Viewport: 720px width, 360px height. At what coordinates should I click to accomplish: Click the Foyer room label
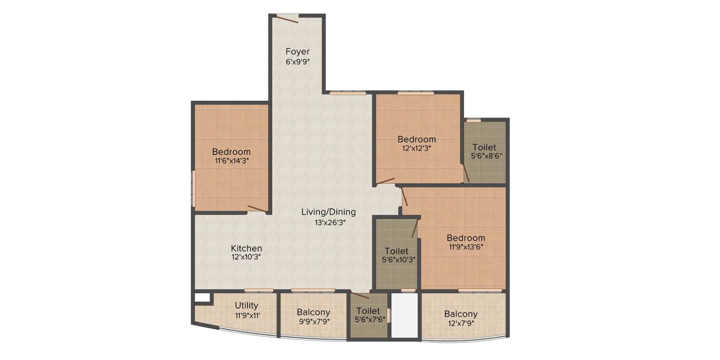pos(297,52)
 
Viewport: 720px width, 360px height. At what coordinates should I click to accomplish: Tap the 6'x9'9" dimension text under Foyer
pos(297,61)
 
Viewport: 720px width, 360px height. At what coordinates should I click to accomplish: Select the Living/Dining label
pos(328,212)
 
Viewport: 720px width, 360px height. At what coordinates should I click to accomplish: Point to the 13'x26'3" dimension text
pos(328,222)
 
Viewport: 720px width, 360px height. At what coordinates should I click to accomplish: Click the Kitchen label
pos(246,248)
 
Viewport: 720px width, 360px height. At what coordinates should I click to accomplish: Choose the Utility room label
pos(246,306)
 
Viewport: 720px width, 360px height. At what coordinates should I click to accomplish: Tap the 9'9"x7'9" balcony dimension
pos(313,322)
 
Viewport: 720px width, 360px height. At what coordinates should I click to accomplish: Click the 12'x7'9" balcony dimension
pos(461,323)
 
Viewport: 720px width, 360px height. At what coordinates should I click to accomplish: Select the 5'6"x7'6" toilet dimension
pos(369,320)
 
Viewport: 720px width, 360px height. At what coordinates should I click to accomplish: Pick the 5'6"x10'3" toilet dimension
pos(397,260)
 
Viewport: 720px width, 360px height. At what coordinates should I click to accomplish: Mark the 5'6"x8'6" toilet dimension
pos(484,156)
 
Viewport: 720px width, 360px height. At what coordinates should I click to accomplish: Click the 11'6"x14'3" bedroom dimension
pos(231,161)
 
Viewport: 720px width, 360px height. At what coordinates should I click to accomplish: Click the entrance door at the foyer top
pos(287,19)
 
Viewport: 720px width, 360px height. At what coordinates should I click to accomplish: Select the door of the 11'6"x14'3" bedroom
pos(257,209)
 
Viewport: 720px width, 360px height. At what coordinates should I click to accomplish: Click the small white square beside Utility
pos(202,297)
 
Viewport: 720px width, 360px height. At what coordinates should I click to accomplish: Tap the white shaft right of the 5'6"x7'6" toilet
pos(404,315)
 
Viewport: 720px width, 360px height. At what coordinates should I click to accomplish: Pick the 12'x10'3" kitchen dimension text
pos(246,258)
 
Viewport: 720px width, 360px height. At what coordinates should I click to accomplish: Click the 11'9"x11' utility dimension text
pos(246,315)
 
